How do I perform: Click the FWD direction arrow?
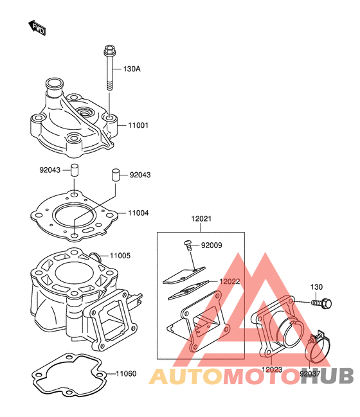(x=37, y=28)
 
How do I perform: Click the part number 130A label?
(x=132, y=69)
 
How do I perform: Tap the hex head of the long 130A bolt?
(x=109, y=49)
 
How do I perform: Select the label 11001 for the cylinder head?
(x=138, y=125)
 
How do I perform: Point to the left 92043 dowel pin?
(x=75, y=170)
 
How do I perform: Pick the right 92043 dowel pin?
(x=116, y=175)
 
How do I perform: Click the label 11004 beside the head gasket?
(x=138, y=213)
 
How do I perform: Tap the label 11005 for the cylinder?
(x=120, y=256)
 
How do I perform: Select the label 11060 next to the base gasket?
(x=126, y=374)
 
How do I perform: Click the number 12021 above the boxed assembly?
(x=201, y=218)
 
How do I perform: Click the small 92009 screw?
(x=188, y=245)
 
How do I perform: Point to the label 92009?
(x=212, y=245)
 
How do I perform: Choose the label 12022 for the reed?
(x=230, y=281)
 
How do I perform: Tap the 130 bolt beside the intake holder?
(x=321, y=303)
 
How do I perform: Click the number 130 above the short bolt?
(x=316, y=287)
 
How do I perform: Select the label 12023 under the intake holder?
(x=272, y=369)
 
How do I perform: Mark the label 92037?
(x=310, y=374)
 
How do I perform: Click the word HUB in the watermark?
(x=327, y=376)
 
